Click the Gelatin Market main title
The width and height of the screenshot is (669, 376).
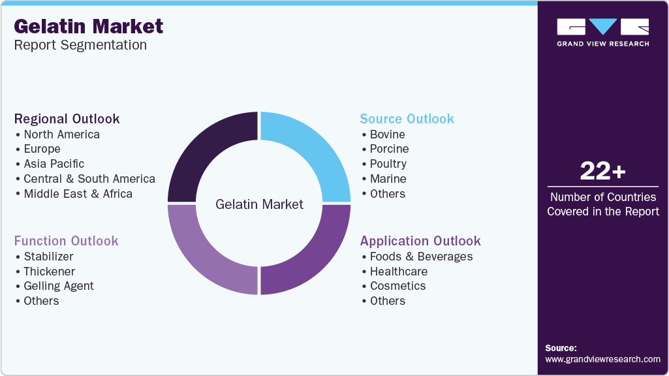point(88,26)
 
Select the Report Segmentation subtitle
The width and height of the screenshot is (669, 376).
point(80,45)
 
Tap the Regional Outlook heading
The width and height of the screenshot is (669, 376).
point(67,119)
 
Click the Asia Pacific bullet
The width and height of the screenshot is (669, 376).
point(54,164)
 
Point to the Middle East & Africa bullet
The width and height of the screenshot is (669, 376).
point(78,194)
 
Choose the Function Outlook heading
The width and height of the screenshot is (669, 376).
point(66,241)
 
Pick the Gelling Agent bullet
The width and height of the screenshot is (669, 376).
point(58,286)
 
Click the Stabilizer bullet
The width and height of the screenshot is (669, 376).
point(48,257)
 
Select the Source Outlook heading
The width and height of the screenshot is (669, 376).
point(407,119)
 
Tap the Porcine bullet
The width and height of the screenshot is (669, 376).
point(389,149)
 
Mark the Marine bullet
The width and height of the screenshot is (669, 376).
point(388,179)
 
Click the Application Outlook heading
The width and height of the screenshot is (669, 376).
point(420,241)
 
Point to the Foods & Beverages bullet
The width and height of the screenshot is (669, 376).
point(421,257)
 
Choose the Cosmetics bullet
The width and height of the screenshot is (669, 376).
point(397,286)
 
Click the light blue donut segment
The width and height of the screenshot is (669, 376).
point(313,153)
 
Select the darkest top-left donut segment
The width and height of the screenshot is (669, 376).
point(205,153)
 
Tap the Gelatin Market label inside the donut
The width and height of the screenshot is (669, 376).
point(259,204)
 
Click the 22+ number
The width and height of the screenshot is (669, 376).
point(602,171)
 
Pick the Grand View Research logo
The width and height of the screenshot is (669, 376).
point(602,32)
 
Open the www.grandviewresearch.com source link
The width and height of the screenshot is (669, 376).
point(602,359)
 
